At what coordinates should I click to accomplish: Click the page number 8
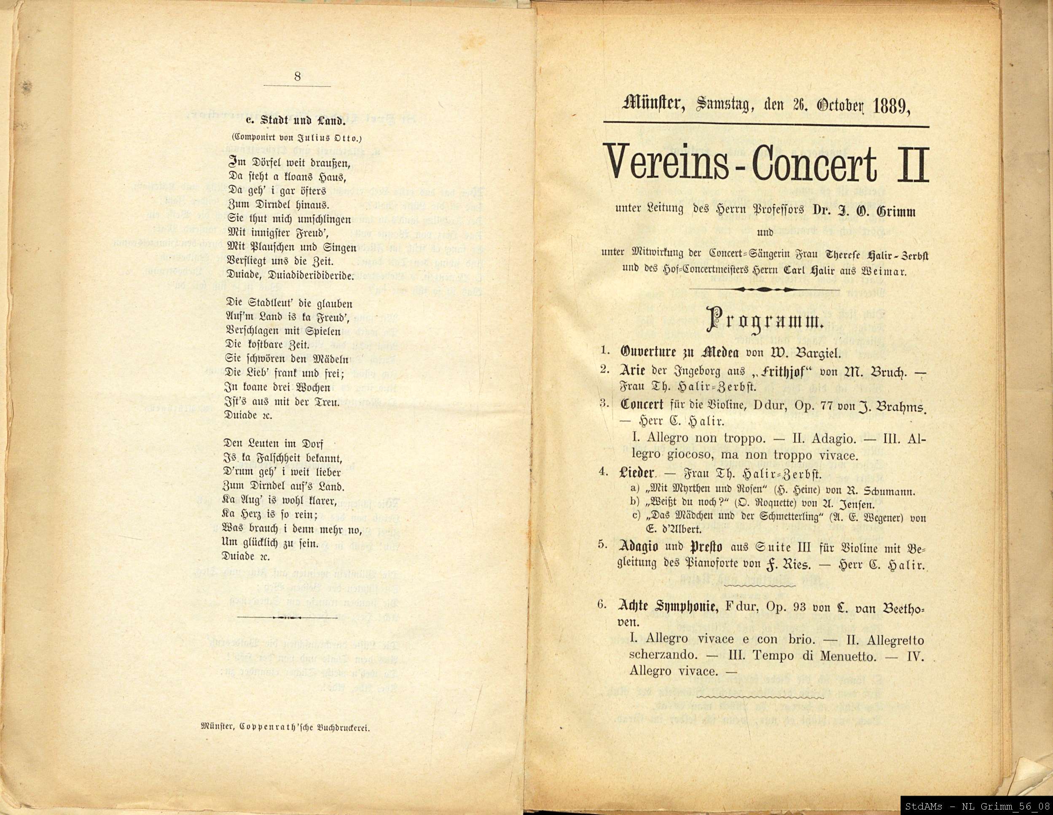click(297, 76)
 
